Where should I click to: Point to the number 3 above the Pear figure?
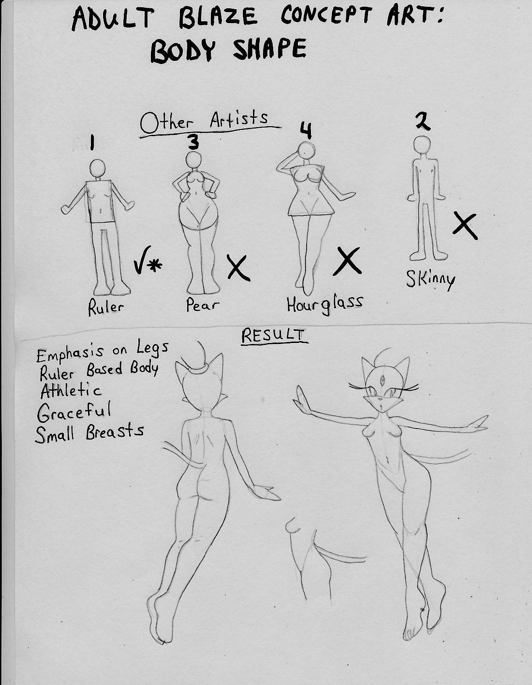click(x=193, y=142)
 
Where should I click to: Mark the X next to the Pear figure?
click(x=239, y=268)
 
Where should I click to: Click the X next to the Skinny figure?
click(x=465, y=226)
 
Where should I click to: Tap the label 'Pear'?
click(x=202, y=305)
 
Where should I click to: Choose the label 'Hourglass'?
click(x=325, y=304)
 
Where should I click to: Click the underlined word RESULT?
click(x=274, y=336)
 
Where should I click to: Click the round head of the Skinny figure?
click(x=422, y=145)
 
